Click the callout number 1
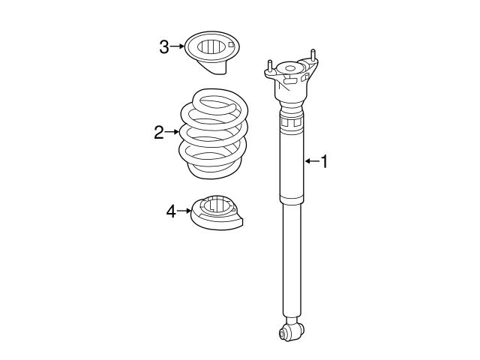[324, 161]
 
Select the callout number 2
[159, 133]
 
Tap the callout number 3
[163, 47]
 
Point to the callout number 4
[171, 211]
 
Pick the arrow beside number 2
[172, 133]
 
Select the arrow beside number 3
[176, 47]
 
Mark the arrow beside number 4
[184, 211]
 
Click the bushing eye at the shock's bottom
[289, 330]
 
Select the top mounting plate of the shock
[291, 75]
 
